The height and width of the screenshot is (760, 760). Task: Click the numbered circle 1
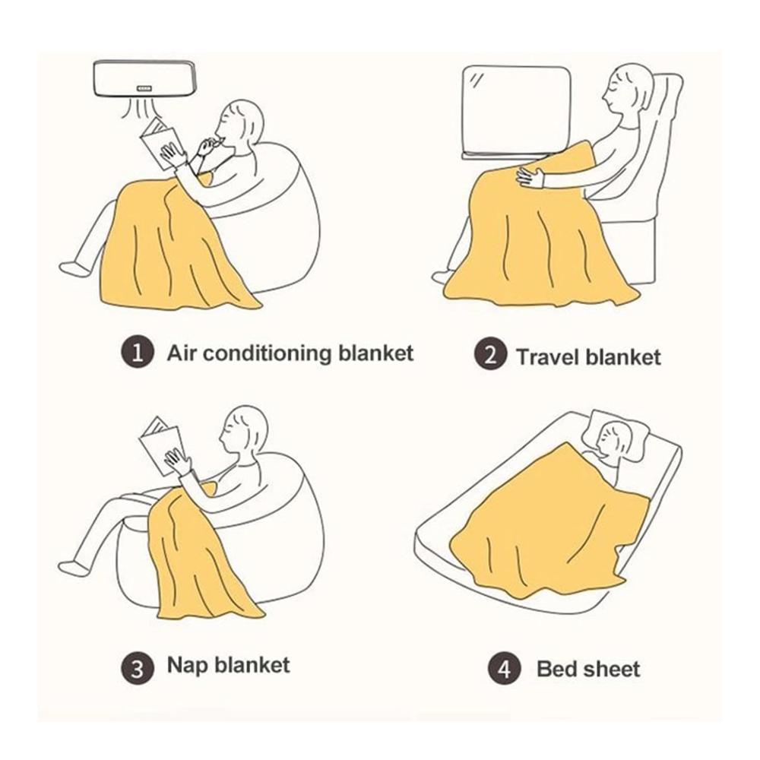(137, 353)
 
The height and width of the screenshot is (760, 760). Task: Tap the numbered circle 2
(490, 355)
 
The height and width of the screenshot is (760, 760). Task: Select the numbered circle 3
(137, 668)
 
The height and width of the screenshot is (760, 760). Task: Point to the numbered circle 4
(504, 669)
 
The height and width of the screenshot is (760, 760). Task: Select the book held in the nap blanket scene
(161, 446)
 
